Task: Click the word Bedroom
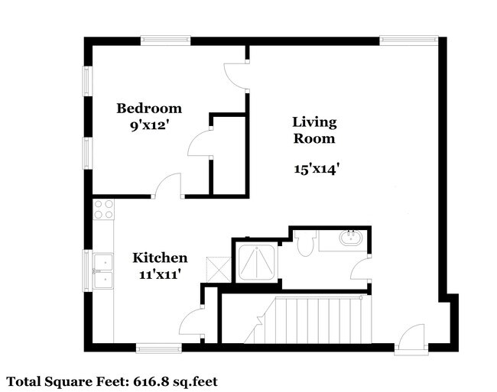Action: pyautogui.click(x=149, y=108)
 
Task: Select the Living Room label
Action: pyautogui.click(x=313, y=130)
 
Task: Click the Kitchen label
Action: pyautogui.click(x=160, y=258)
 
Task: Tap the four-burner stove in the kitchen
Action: pyautogui.click(x=103, y=210)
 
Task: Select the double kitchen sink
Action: pyautogui.click(x=102, y=270)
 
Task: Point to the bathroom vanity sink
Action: pyautogui.click(x=352, y=238)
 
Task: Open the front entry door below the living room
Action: pyautogui.click(x=410, y=338)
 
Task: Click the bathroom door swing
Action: pyautogui.click(x=360, y=268)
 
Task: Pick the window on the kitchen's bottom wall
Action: pyautogui.click(x=159, y=348)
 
